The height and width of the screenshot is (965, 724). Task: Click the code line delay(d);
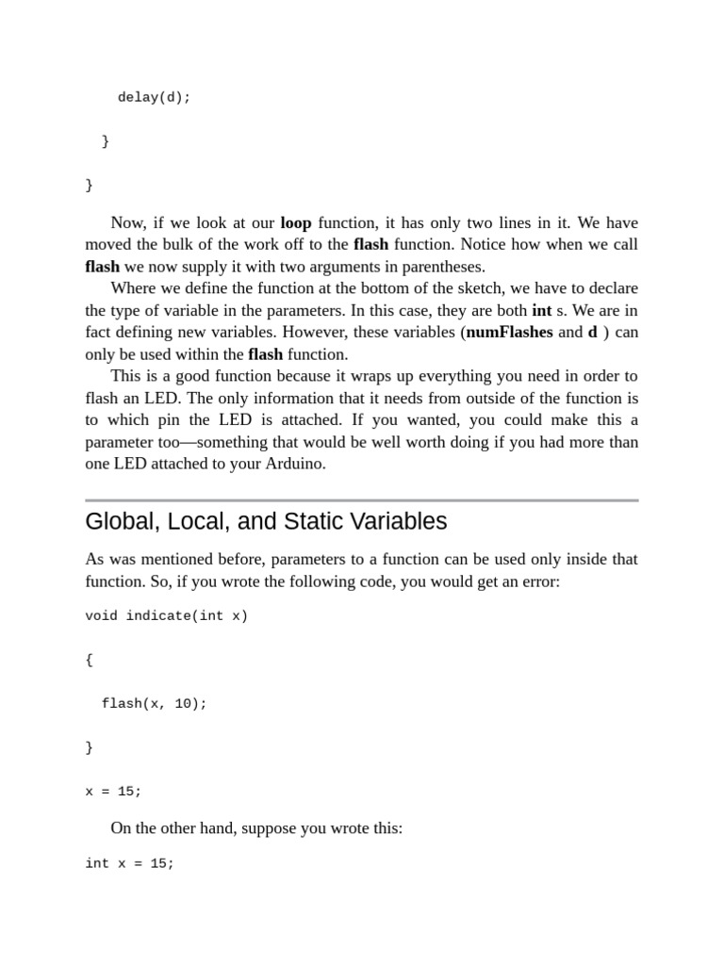(154, 98)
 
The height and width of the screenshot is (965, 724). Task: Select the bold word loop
(296, 223)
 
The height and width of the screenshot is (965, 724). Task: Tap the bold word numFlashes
(509, 333)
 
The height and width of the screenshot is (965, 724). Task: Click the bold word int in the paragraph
(542, 310)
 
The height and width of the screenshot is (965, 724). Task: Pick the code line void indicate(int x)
(166, 616)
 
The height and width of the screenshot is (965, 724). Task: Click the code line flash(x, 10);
(154, 704)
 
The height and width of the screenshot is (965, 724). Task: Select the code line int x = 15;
(129, 863)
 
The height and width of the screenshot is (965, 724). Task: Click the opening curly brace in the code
(90, 660)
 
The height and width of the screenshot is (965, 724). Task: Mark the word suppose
(273, 828)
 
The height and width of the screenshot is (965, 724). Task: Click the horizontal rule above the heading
(361, 500)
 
